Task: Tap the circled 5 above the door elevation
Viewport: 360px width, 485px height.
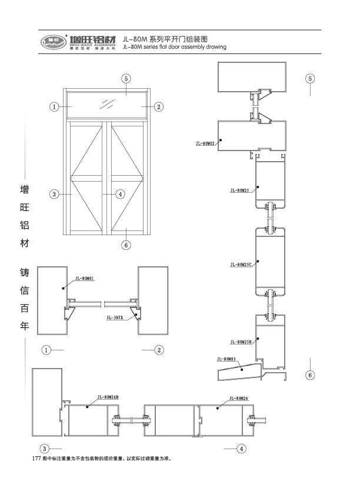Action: click(125, 78)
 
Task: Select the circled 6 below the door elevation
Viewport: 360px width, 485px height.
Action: click(125, 245)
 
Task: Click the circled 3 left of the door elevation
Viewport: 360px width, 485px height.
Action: click(54, 194)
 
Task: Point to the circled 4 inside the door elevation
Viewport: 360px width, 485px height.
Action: click(119, 194)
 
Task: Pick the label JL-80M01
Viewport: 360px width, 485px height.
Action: click(85, 279)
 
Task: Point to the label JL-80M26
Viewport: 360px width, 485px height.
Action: click(239, 397)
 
